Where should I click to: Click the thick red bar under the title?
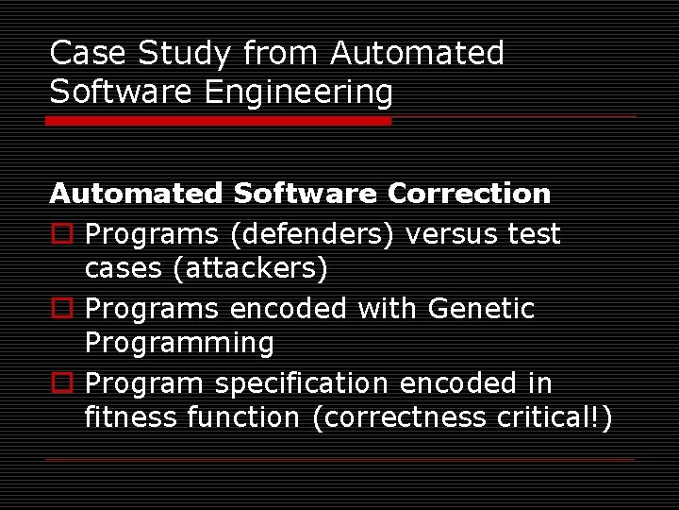coord(219,121)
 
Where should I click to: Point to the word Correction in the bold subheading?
coord(469,194)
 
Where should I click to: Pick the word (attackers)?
coord(250,269)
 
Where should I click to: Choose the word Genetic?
coord(481,308)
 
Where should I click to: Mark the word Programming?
coord(179,344)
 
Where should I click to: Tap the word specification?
coord(301,383)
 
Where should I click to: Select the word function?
coord(246,417)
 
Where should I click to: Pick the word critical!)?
coord(554,417)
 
